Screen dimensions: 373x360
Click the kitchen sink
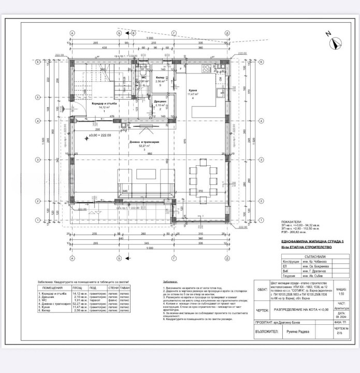pyautogui.click(x=220, y=77)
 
